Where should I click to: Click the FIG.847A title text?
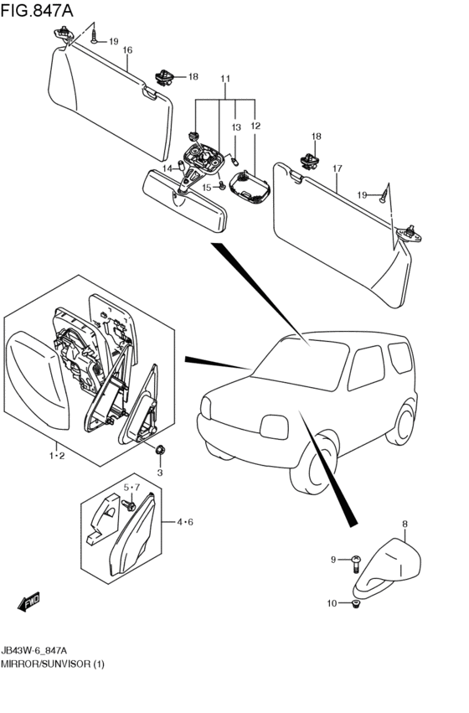coord(37,10)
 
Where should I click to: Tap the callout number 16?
coord(127,50)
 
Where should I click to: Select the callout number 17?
coord(337,168)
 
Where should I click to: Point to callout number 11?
coord(225,79)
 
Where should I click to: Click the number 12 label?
coord(255,126)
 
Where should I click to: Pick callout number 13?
coord(236,128)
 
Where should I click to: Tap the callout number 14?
coord(167,168)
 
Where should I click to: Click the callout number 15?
coord(207,188)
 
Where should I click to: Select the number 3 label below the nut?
coord(159,473)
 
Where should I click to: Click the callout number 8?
coord(405,524)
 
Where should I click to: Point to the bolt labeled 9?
coord(356,564)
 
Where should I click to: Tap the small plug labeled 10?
coord(355,604)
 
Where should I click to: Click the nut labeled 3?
coord(159,450)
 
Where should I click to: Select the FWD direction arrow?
coord(28,601)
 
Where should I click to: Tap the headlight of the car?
coord(275,427)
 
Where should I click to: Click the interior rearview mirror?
coord(184,200)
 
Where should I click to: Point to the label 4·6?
coord(185,522)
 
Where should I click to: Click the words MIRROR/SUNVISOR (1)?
coord(53,664)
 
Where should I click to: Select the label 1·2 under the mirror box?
coord(57,455)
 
